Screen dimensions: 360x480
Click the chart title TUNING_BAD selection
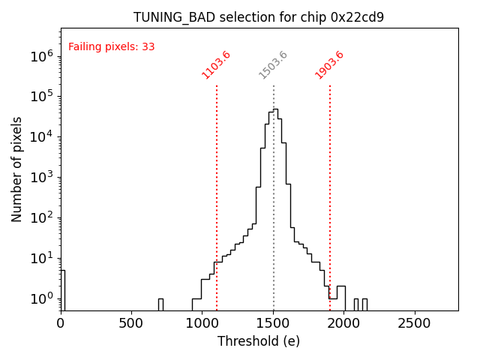(x=259, y=17)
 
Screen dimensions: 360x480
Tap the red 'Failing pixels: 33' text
(x=111, y=46)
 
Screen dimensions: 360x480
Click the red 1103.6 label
(x=216, y=64)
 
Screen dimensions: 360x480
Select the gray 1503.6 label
(x=273, y=64)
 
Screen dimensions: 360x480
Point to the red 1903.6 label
(x=329, y=64)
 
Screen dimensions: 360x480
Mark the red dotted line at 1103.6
(x=217, y=187)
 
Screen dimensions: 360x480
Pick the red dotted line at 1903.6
(x=330, y=187)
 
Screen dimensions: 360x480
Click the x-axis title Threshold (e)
(x=259, y=341)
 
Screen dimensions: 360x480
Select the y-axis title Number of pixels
(x=17, y=169)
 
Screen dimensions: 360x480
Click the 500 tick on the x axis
(x=132, y=323)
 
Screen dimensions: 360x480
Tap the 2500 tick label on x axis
(x=415, y=323)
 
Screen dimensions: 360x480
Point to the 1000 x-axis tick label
(x=202, y=323)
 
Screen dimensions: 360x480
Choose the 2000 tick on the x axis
(x=344, y=323)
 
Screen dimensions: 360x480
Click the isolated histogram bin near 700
(x=160, y=304)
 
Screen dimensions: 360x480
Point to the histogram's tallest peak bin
(x=275, y=112)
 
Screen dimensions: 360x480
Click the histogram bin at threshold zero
(x=63, y=289)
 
